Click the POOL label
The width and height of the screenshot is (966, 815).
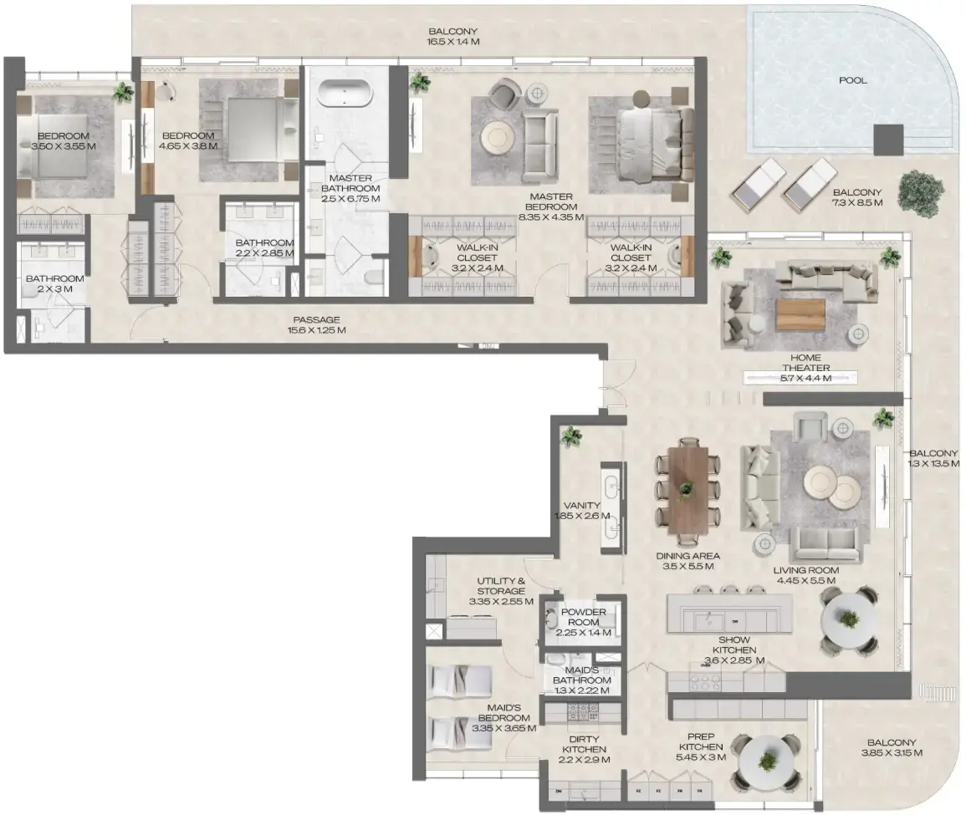[x=852, y=81]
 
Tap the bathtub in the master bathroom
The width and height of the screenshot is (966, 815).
[x=345, y=93]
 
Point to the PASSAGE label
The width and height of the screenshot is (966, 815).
[x=316, y=325]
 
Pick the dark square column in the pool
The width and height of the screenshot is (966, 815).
[x=888, y=139]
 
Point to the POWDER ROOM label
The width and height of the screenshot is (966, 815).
[x=584, y=618]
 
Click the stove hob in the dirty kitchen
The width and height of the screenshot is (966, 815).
[x=579, y=712]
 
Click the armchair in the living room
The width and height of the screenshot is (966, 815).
[x=810, y=427]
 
